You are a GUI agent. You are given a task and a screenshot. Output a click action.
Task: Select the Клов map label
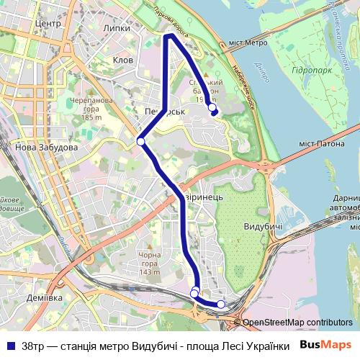(123, 60)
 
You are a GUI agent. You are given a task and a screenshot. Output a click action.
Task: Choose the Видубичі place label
(262, 227)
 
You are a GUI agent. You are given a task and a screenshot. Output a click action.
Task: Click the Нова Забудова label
(45, 147)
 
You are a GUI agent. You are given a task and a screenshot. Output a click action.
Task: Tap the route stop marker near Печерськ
(141, 141)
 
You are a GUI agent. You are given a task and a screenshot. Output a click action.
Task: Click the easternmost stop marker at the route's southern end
(220, 304)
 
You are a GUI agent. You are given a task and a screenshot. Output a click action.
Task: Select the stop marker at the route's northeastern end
(212, 108)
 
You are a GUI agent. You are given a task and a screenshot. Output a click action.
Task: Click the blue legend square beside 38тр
(10, 344)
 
